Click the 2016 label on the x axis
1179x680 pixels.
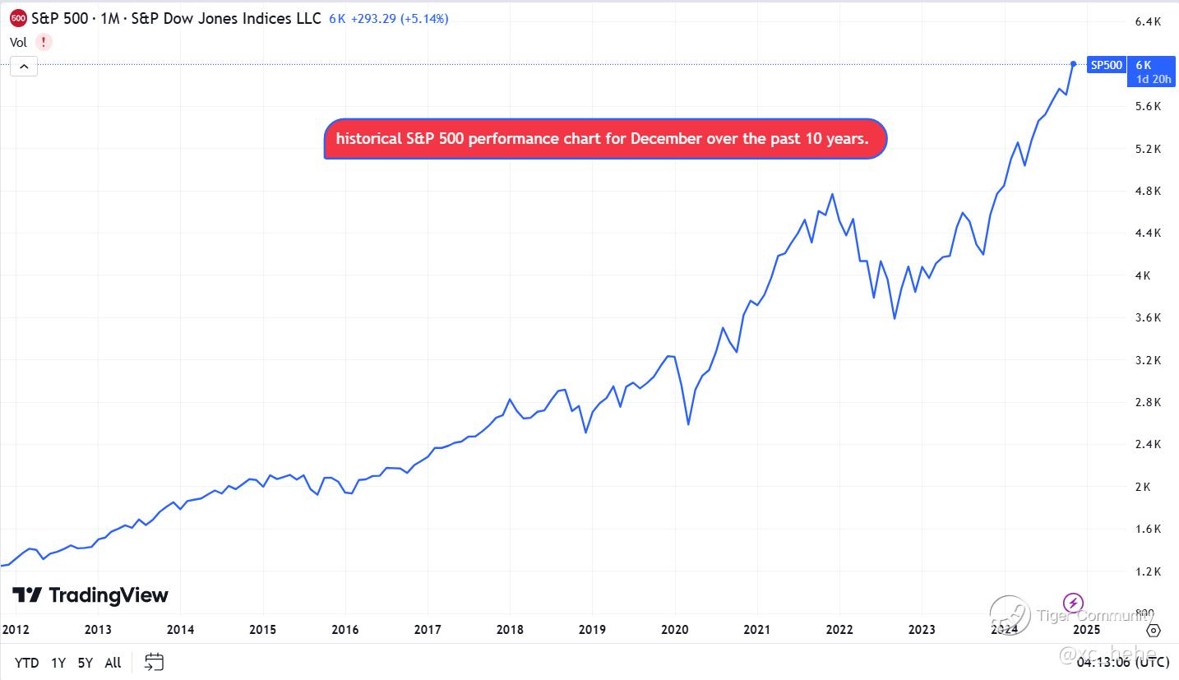345,630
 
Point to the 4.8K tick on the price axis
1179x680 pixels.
1147,191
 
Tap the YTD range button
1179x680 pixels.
26,662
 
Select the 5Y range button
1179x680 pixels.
85,662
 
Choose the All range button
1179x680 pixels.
113,662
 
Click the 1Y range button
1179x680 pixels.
58,662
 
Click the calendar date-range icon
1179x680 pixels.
154,662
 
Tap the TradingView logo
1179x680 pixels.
90,595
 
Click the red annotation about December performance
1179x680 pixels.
605,139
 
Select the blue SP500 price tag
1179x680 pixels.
1106,65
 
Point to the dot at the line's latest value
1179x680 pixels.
1074,63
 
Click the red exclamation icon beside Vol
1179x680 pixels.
43,42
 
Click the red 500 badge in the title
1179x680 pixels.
17,18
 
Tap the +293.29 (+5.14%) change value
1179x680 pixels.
400,18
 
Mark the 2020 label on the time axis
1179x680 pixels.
674,630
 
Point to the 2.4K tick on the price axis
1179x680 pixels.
1147,444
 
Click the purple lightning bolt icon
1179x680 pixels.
1073,602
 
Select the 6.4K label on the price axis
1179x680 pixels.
1147,21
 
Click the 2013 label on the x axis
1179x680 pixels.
98,630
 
